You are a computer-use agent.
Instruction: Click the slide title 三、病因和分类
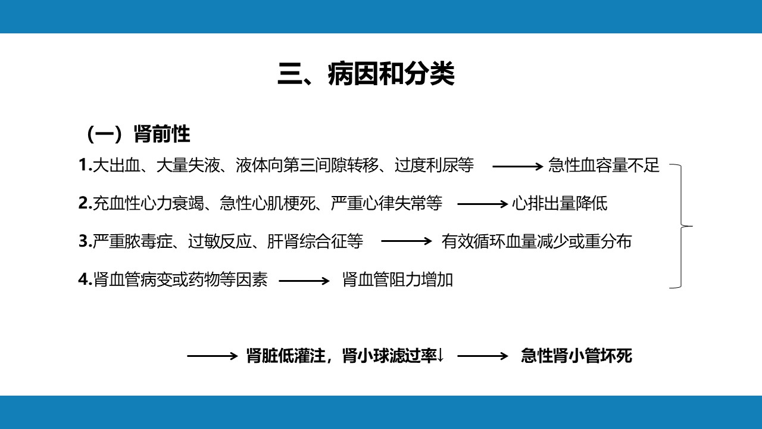pyautogui.click(x=366, y=73)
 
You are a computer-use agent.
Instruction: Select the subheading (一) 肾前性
pyautogui.click(x=138, y=134)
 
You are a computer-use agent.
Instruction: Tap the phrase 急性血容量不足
pyautogui.click(x=604, y=165)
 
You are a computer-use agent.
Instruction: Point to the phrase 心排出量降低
pyautogui.click(x=560, y=203)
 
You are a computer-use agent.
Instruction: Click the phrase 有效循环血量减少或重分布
pyautogui.click(x=536, y=241)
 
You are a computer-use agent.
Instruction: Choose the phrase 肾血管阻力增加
pyautogui.click(x=398, y=280)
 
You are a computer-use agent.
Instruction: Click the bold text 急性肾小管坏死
pyautogui.click(x=576, y=356)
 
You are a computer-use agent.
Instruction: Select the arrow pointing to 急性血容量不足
pyautogui.click(x=518, y=166)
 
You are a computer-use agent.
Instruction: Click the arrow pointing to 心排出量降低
pyautogui.click(x=483, y=204)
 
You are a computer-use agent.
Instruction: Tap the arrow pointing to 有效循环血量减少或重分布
pyautogui.click(x=407, y=241)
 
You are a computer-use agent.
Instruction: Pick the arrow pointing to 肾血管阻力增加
pyautogui.click(x=304, y=281)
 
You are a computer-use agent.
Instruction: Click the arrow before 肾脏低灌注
pyautogui.click(x=213, y=356)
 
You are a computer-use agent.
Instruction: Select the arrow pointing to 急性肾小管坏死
pyautogui.click(x=483, y=356)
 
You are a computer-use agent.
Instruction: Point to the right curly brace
pyautogui.click(x=682, y=226)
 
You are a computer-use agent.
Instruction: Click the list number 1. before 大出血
pyautogui.click(x=85, y=165)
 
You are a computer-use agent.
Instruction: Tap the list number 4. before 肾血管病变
pyautogui.click(x=85, y=280)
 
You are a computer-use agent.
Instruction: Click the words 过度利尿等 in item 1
pyautogui.click(x=434, y=165)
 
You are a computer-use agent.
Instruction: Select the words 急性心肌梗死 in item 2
pyautogui.click(x=268, y=203)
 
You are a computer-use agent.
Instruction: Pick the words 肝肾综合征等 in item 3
pyautogui.click(x=315, y=241)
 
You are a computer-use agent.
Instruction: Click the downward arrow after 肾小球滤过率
pyautogui.click(x=441, y=356)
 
